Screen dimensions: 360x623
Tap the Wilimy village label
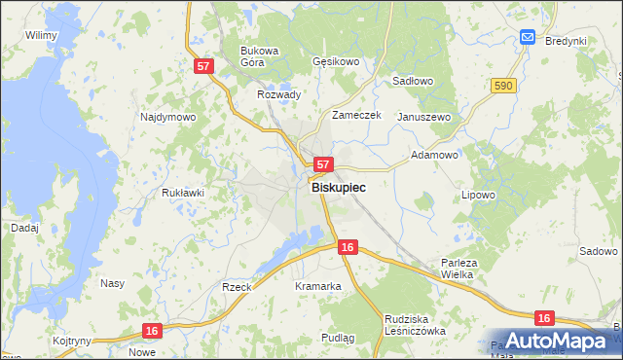[42, 35]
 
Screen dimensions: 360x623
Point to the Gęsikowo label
[337, 61]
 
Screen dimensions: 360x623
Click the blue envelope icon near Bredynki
[528, 37]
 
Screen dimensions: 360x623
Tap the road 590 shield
[502, 87]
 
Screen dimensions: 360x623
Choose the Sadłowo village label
[413, 82]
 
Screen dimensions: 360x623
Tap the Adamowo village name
[434, 154]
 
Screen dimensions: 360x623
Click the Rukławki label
[182, 193]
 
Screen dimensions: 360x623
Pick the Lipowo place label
[478, 195]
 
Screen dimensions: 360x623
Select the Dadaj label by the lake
[24, 227]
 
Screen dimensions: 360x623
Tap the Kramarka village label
[317, 286]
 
